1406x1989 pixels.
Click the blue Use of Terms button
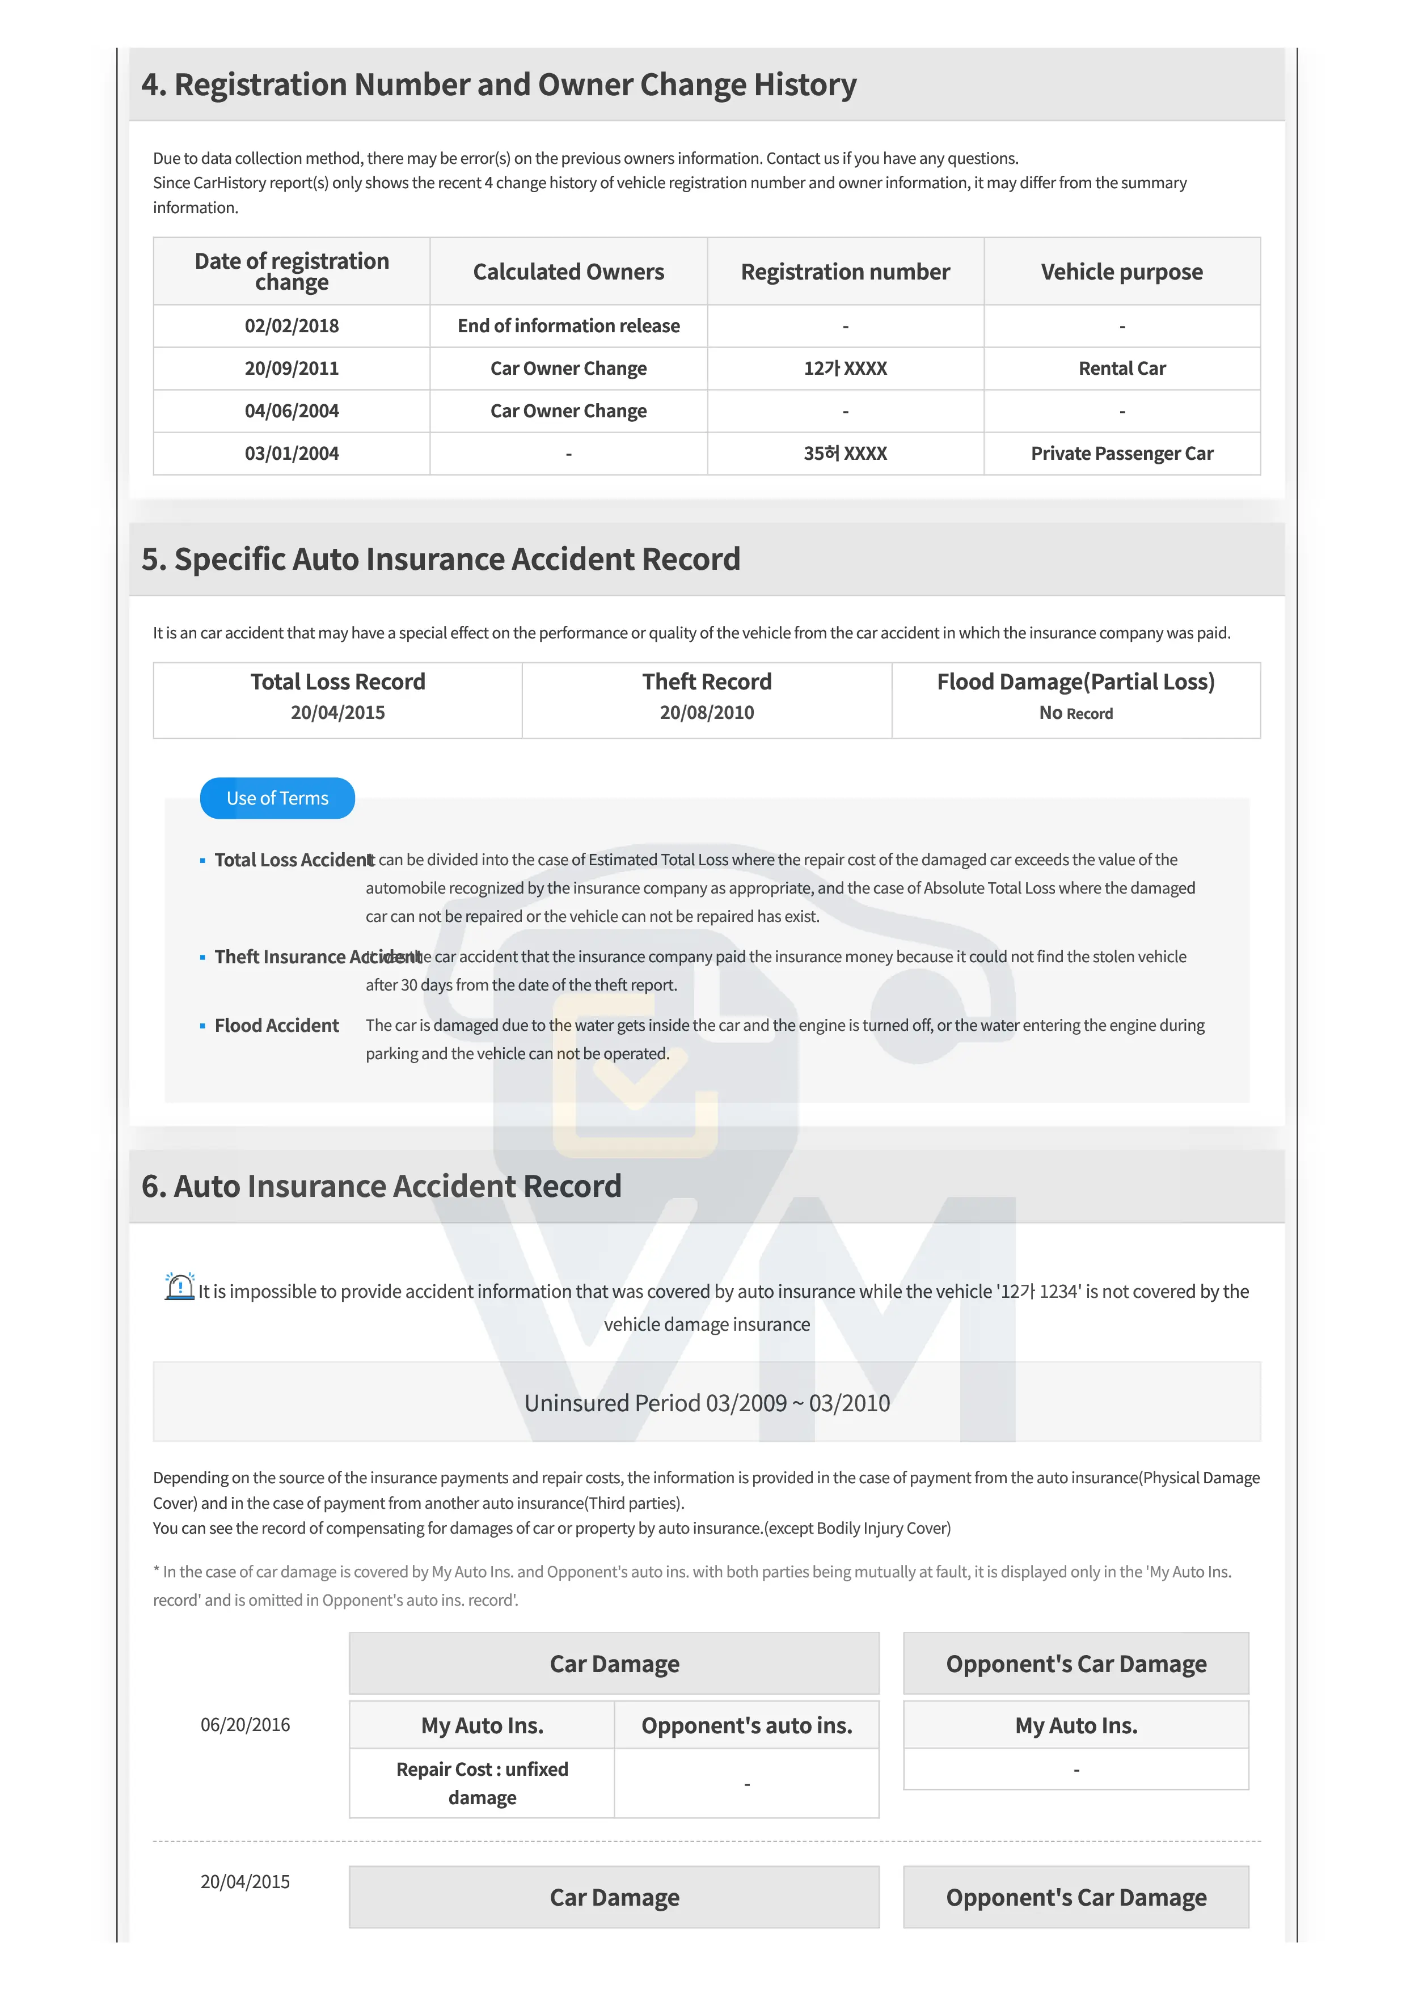coord(277,798)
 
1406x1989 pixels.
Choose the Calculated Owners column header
coord(568,272)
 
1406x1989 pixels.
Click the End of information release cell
coord(568,325)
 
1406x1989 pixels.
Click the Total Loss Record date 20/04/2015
coord(338,712)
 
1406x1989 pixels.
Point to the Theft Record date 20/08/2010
coord(706,712)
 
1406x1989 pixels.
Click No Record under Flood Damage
coord(1075,713)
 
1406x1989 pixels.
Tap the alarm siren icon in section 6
coord(179,1286)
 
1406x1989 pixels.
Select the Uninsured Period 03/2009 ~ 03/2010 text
coord(706,1403)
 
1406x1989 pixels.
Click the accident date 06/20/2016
coord(245,1724)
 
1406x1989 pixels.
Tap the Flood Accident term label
coord(276,1025)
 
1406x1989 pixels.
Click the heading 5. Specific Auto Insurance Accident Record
coord(440,558)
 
